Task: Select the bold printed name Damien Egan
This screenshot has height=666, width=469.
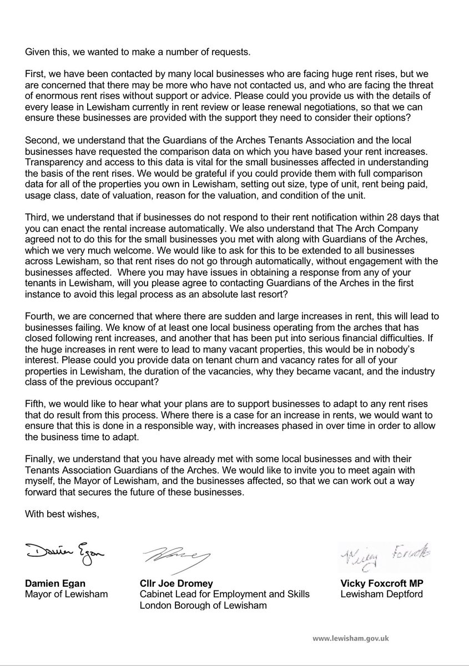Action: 53,584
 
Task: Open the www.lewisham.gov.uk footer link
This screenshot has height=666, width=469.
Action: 350,638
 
